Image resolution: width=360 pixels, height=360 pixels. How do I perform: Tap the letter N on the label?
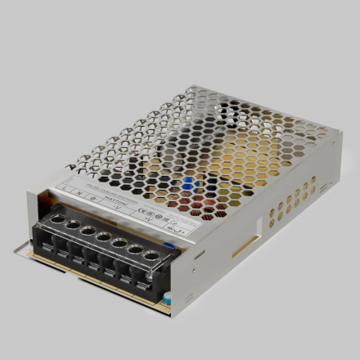pos(79,192)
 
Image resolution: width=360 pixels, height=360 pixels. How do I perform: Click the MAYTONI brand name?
pos(115,201)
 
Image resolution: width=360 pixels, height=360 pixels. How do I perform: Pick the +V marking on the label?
pos(146,218)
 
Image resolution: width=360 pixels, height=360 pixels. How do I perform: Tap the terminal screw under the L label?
pos(59,218)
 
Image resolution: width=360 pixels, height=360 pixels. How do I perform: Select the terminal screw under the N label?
pos(73,224)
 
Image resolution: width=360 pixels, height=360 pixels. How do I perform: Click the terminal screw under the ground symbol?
pos(88,230)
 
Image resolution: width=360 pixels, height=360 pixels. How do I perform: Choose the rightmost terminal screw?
pos(151,257)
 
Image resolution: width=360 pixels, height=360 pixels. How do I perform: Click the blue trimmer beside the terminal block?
pos(169,243)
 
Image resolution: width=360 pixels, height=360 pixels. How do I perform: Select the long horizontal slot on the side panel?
pos(245,245)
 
